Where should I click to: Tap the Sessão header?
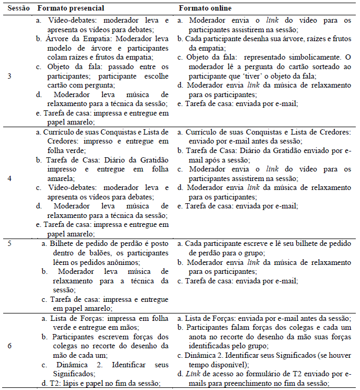click(17, 9)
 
